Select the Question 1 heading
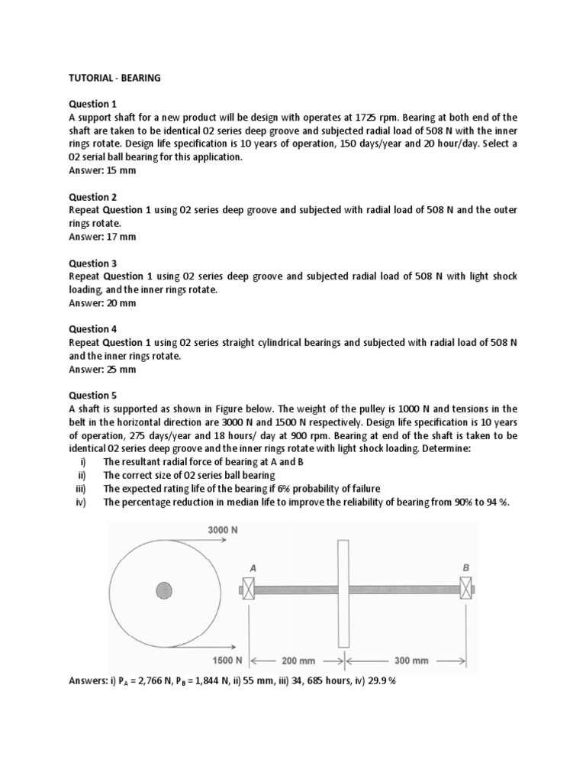93,104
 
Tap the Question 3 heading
93,263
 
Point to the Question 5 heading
93,396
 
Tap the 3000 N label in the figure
223,529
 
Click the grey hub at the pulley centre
163,590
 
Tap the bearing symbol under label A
247,589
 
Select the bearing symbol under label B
465,589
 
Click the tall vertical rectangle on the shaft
343,593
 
